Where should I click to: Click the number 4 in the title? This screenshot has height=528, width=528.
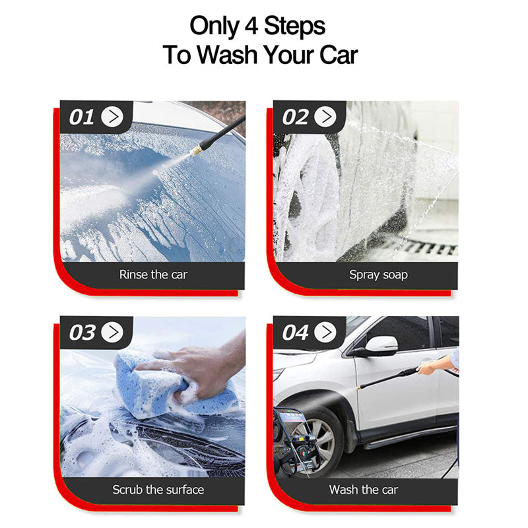tap(251, 26)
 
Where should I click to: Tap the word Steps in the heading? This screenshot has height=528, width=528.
tap(294, 27)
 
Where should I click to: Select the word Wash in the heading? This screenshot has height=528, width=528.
tap(226, 55)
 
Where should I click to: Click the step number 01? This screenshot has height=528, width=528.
tap(81, 117)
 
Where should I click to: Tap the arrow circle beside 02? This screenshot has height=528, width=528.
tap(325, 117)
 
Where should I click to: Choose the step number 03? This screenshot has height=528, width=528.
tap(82, 333)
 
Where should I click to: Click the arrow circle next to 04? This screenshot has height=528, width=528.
tap(325, 332)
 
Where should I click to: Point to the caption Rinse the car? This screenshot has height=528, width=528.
tap(153, 275)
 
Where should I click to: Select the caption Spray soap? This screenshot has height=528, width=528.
tap(378, 275)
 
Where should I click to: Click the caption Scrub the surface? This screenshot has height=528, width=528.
tap(158, 490)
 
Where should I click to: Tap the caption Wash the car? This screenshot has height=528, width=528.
tap(364, 490)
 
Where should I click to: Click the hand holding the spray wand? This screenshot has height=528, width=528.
tap(426, 369)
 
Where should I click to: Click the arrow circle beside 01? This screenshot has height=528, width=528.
tap(112, 117)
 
